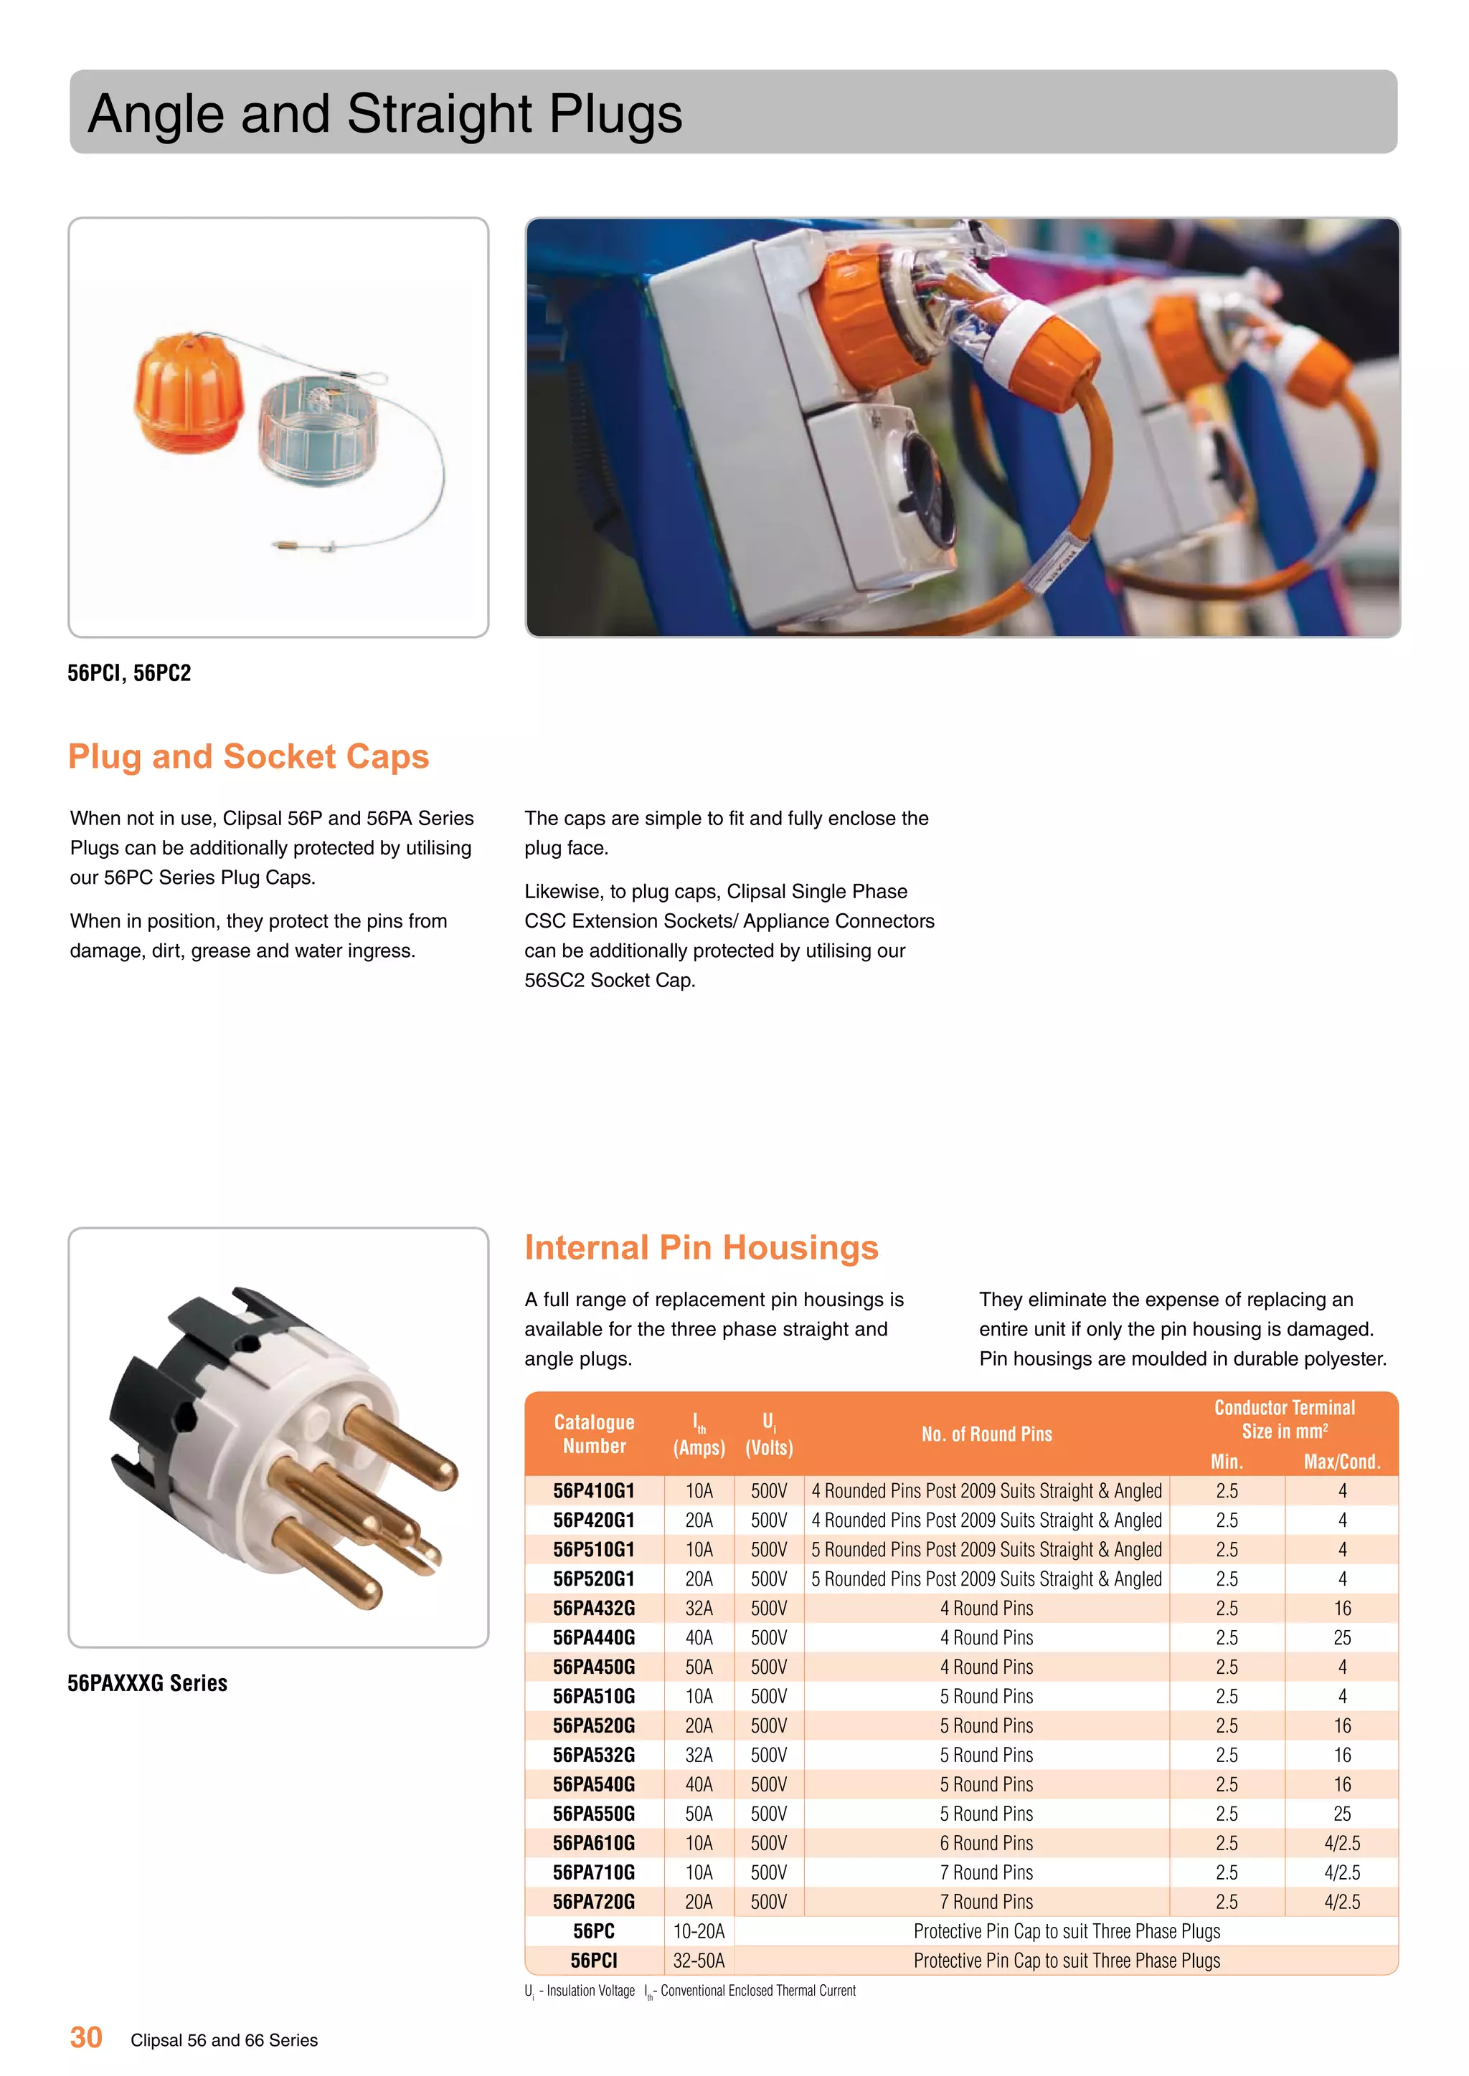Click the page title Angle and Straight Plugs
(x=384, y=114)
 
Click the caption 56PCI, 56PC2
(x=129, y=672)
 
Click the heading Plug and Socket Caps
(x=249, y=757)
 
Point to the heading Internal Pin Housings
(x=701, y=1248)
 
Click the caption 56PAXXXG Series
(x=148, y=1682)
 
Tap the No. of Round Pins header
(x=986, y=1434)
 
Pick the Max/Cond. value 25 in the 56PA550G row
(x=1341, y=1814)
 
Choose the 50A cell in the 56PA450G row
(x=699, y=1667)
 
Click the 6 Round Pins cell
(x=986, y=1843)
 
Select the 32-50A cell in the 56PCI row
(x=699, y=1961)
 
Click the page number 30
(x=86, y=2037)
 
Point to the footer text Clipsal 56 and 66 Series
(x=225, y=2040)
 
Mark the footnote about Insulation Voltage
(x=581, y=1990)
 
